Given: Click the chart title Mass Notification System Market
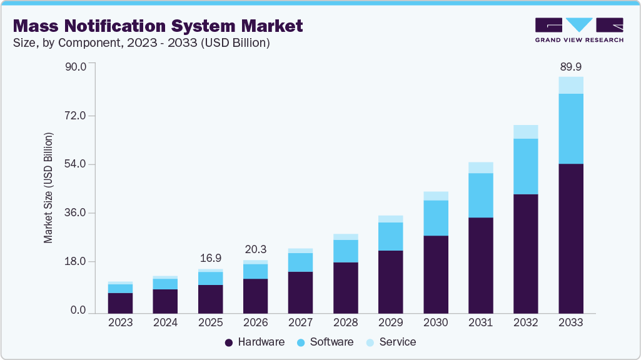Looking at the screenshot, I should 158,26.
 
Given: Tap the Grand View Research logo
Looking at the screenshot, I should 578,30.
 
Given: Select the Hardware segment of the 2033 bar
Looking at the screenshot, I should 570,238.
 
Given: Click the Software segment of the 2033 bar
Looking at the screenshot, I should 570,129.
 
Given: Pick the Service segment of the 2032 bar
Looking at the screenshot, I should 525,132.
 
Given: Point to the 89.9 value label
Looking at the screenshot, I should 570,67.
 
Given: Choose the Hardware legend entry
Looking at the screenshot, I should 255,342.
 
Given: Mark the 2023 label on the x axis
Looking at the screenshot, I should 120,322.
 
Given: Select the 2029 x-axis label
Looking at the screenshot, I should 390,322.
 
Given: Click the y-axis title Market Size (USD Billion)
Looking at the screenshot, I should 48,188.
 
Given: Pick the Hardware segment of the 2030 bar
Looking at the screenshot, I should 435,274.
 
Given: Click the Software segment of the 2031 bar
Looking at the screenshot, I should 480,195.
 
